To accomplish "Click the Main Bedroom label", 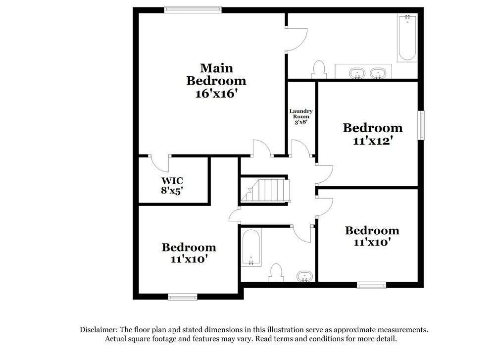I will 216,74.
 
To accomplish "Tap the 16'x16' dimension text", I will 216,93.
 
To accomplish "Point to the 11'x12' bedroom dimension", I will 373,140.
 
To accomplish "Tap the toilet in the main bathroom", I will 319,70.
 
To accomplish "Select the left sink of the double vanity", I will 356,74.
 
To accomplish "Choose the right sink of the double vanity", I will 378,74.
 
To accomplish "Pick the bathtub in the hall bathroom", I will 251,248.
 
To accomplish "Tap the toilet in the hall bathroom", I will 276,272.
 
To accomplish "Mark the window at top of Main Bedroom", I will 193,9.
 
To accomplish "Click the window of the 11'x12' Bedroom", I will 422,125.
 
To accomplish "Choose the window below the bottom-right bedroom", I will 371,285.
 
